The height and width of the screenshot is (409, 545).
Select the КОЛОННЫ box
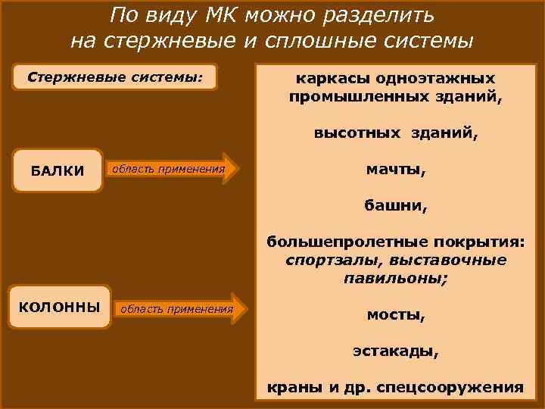point(59,307)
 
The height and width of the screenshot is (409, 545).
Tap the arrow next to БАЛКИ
point(173,169)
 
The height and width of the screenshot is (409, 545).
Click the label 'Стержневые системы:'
point(116,76)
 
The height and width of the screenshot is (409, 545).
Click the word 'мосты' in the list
point(391,314)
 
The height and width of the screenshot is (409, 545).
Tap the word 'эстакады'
point(395,351)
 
